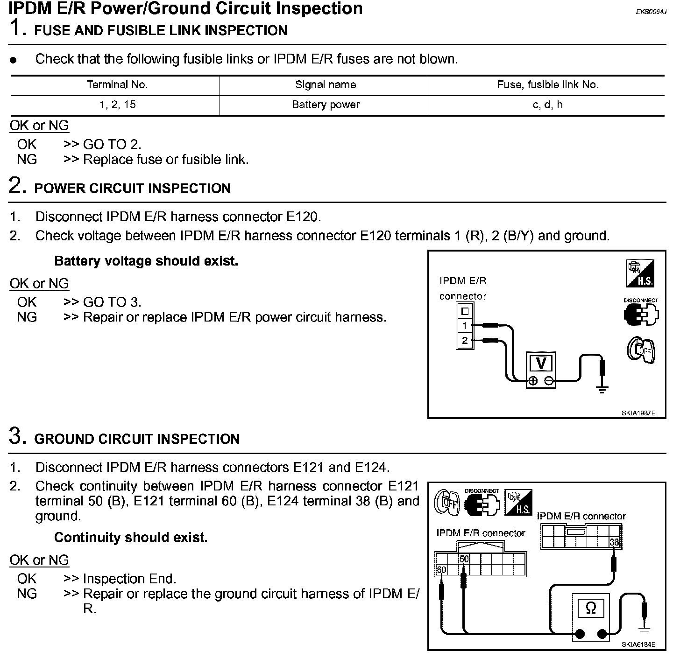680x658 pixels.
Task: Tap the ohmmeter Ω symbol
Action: [591, 608]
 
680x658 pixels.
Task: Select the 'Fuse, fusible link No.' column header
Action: [547, 85]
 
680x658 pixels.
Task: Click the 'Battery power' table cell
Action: [326, 105]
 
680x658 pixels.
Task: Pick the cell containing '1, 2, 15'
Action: [117, 105]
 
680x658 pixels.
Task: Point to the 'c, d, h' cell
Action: [547, 105]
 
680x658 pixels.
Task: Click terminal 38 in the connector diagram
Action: [614, 542]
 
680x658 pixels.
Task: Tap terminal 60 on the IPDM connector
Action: [441, 570]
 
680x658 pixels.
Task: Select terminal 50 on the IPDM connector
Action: [464, 559]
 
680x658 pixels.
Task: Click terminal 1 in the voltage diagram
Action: [464, 326]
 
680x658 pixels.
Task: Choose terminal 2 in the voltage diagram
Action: [464, 341]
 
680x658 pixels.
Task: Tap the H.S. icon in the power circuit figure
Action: [640, 273]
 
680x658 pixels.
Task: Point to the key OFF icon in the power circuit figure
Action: [641, 350]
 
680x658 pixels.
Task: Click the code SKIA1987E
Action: [638, 413]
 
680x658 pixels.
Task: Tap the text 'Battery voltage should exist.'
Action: [146, 261]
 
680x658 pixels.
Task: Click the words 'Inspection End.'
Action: [129, 579]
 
